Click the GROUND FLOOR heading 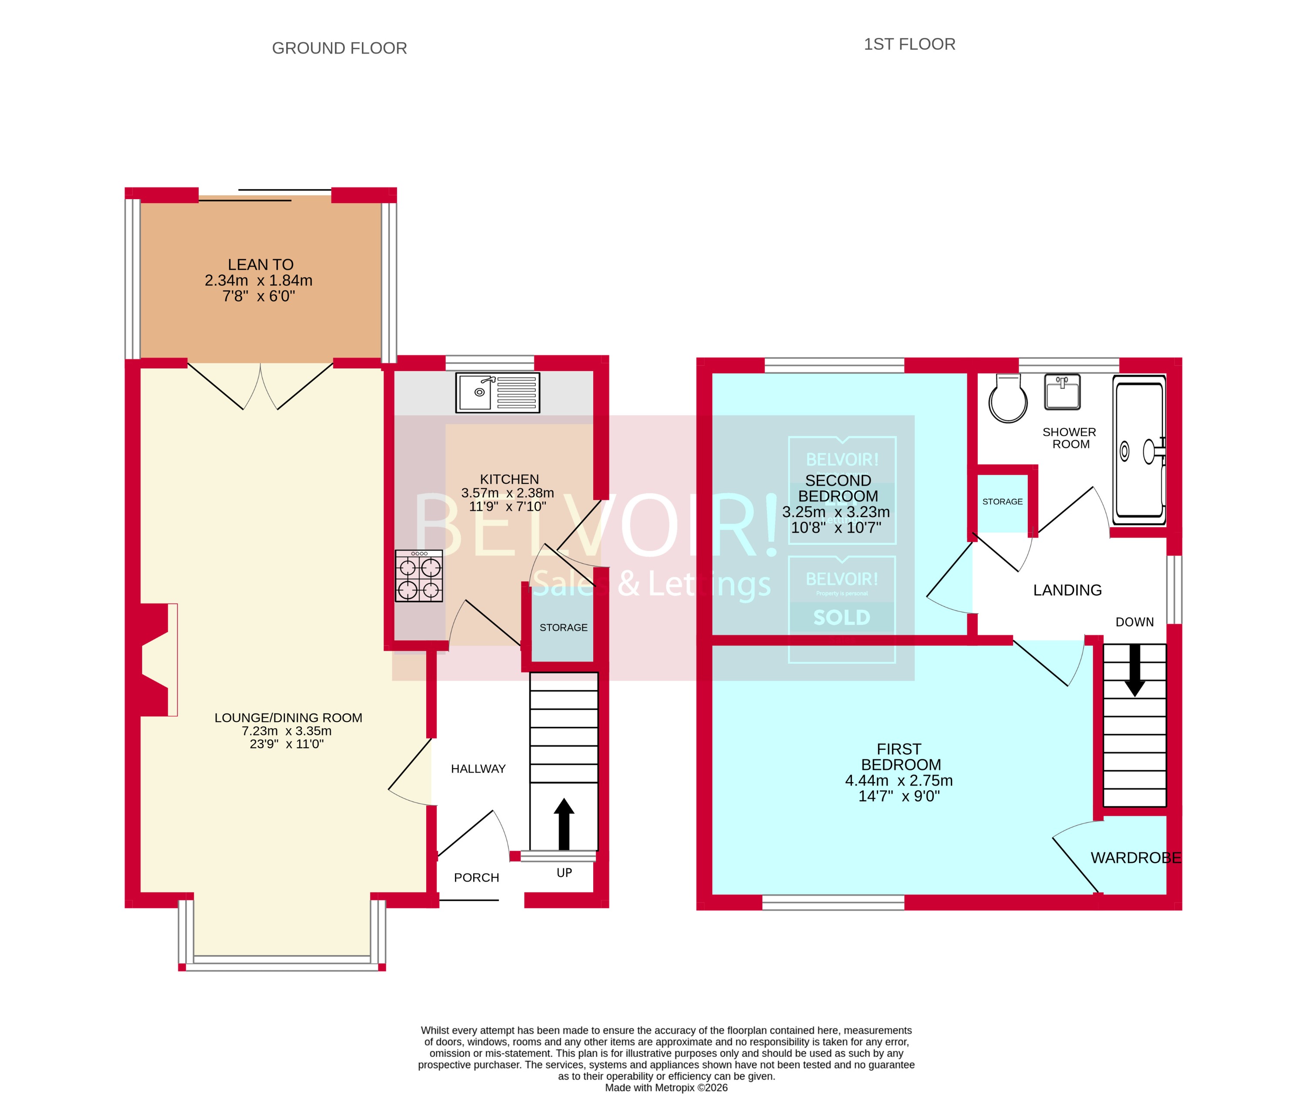339,49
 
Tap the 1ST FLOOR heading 909,44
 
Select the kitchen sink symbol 497,393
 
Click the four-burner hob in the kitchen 419,576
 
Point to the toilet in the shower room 1008,399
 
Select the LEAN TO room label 260,264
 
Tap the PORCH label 476,878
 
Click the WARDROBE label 1135,858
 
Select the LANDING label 1067,590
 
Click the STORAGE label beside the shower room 1002,501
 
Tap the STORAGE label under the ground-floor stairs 563,627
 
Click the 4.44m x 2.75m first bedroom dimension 898,780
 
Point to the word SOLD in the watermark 842,618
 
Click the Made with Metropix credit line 666,1088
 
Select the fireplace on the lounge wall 156,660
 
